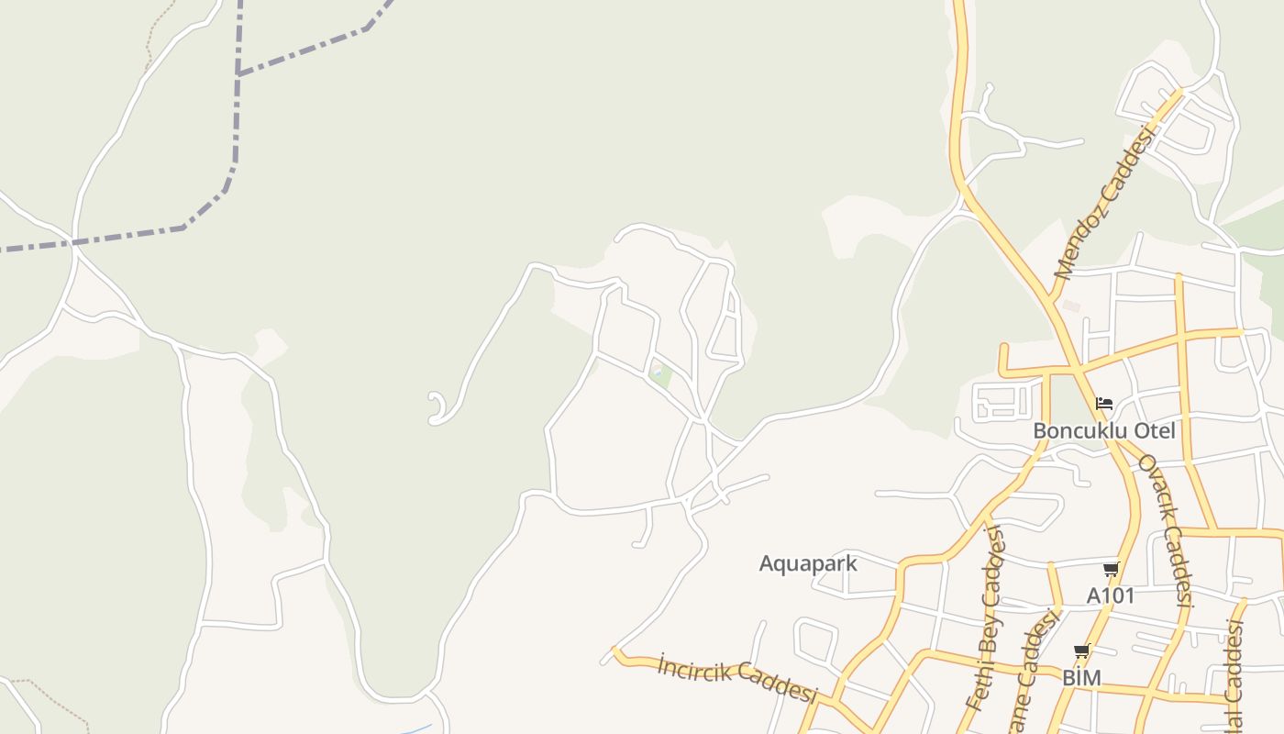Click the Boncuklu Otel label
(1103, 430)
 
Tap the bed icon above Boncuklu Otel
(1104, 403)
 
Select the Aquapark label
(808, 563)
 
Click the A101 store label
(1111, 595)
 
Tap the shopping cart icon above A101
(1111, 570)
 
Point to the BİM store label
(1081, 678)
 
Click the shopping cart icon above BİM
(1081, 651)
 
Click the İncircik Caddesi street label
(736, 679)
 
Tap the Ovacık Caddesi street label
(1165, 530)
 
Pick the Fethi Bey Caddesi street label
(986, 619)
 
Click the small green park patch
(659, 373)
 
